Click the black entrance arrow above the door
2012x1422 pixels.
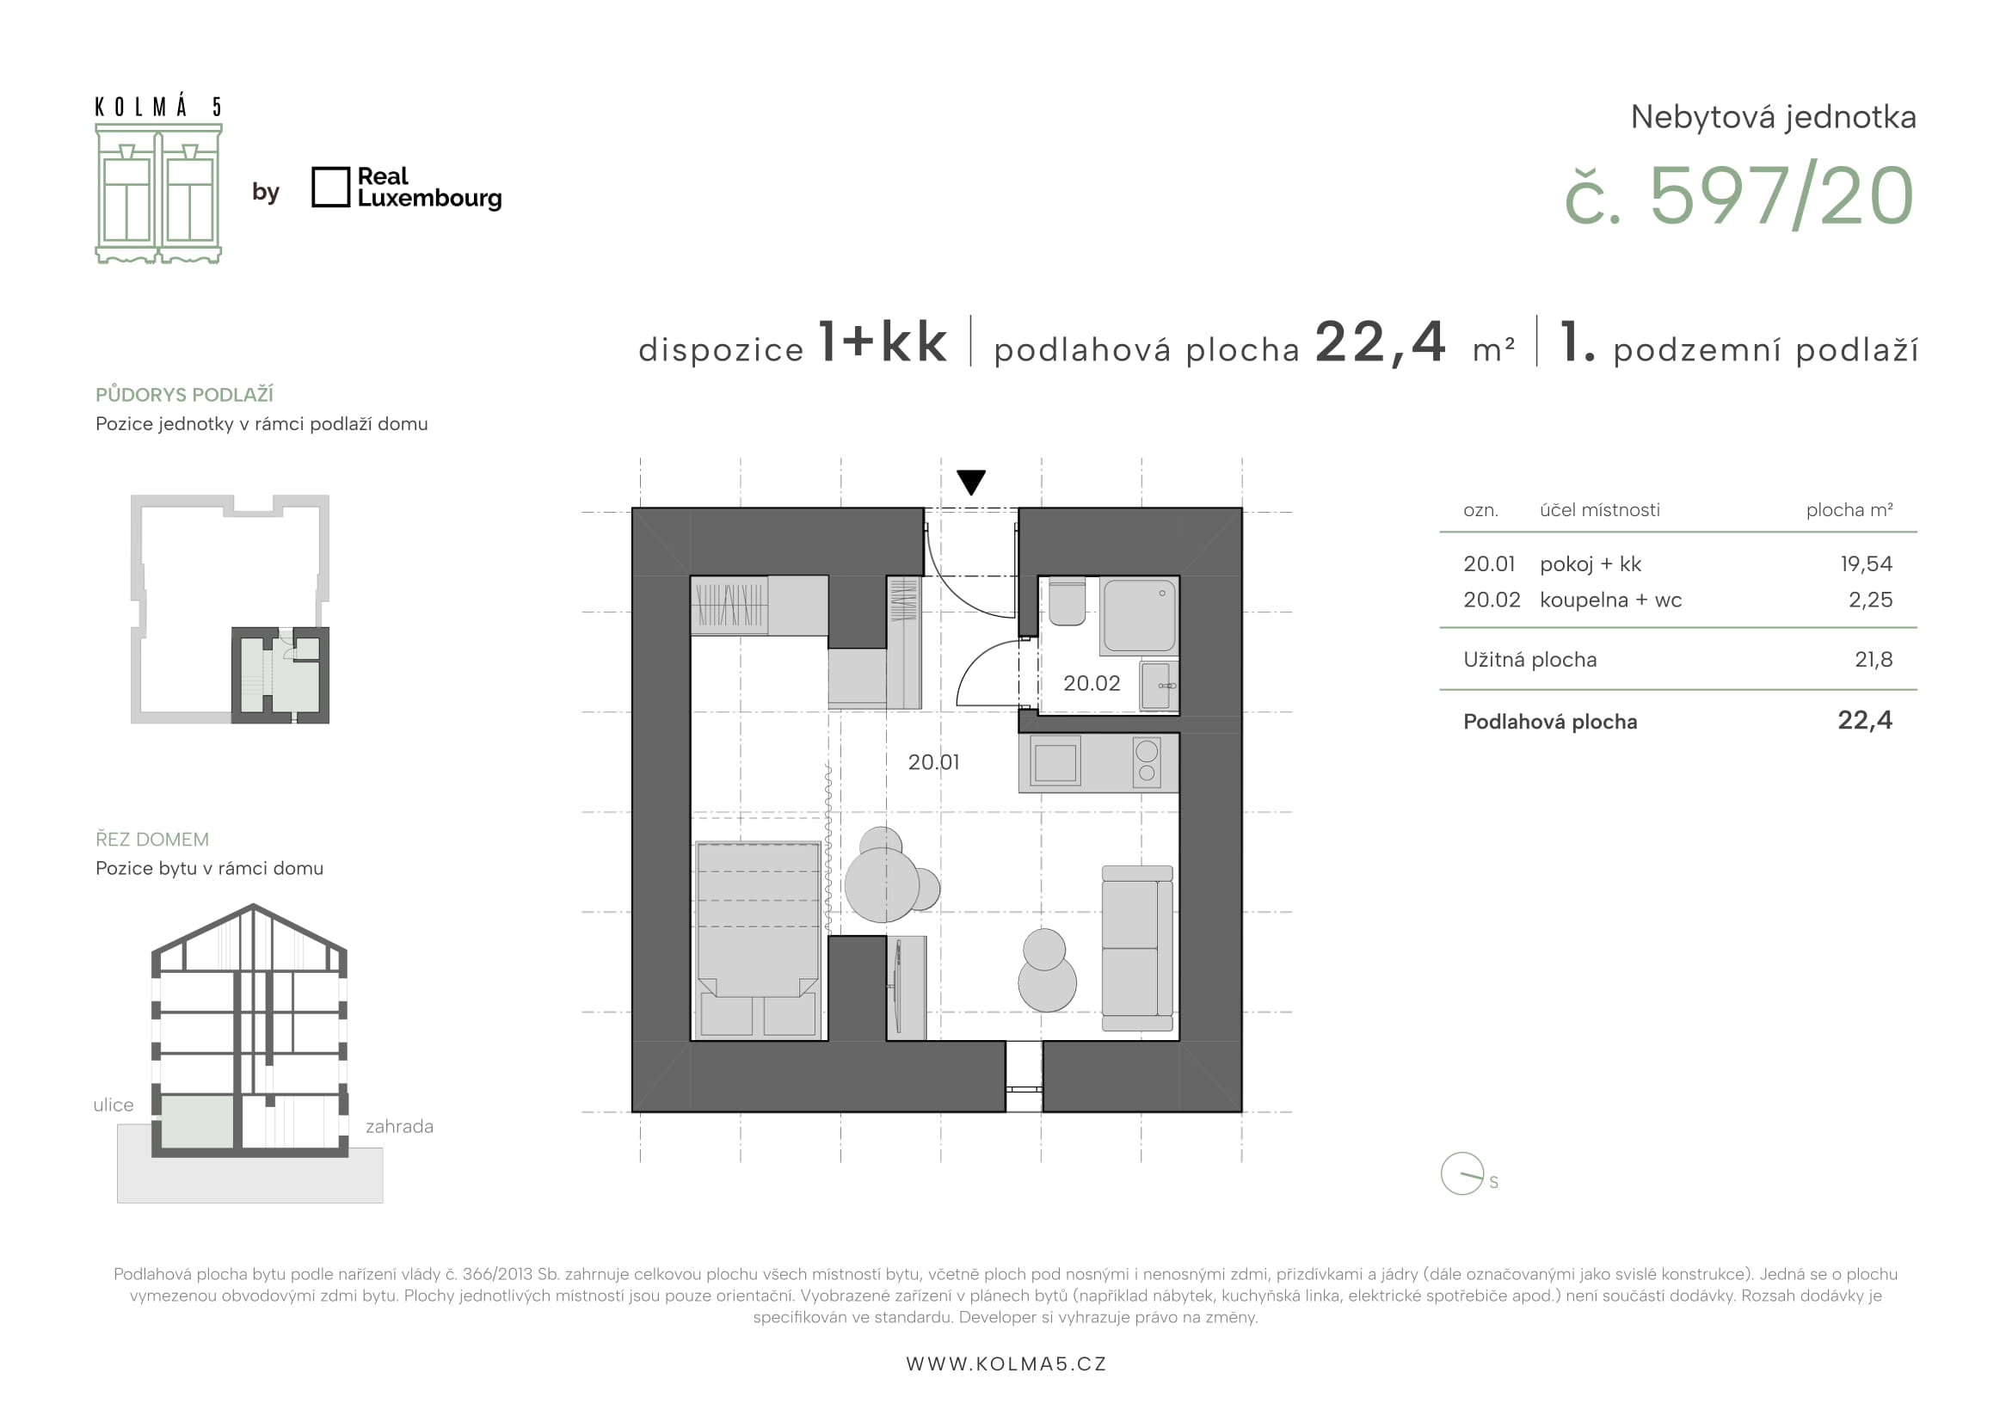click(x=971, y=482)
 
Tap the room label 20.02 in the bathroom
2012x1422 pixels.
click(x=1091, y=683)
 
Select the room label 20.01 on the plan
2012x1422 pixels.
click(x=933, y=762)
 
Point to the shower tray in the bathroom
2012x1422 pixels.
click(x=1139, y=615)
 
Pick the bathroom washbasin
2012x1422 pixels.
click(x=1158, y=685)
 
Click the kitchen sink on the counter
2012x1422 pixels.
click(x=1055, y=762)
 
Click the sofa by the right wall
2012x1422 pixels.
click(x=1137, y=948)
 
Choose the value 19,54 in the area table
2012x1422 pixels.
click(x=1867, y=564)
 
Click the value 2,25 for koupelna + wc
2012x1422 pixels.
click(x=1870, y=600)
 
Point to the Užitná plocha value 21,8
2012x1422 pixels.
click(x=1874, y=660)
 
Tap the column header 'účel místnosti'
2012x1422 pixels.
click(x=1600, y=510)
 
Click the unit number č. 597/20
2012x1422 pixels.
click(x=1738, y=196)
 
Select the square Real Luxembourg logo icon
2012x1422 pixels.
click(x=330, y=188)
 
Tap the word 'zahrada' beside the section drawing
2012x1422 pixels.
click(x=400, y=1127)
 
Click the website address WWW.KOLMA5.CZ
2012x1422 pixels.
click(x=1006, y=1364)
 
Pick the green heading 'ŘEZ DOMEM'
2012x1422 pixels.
click(x=152, y=840)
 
